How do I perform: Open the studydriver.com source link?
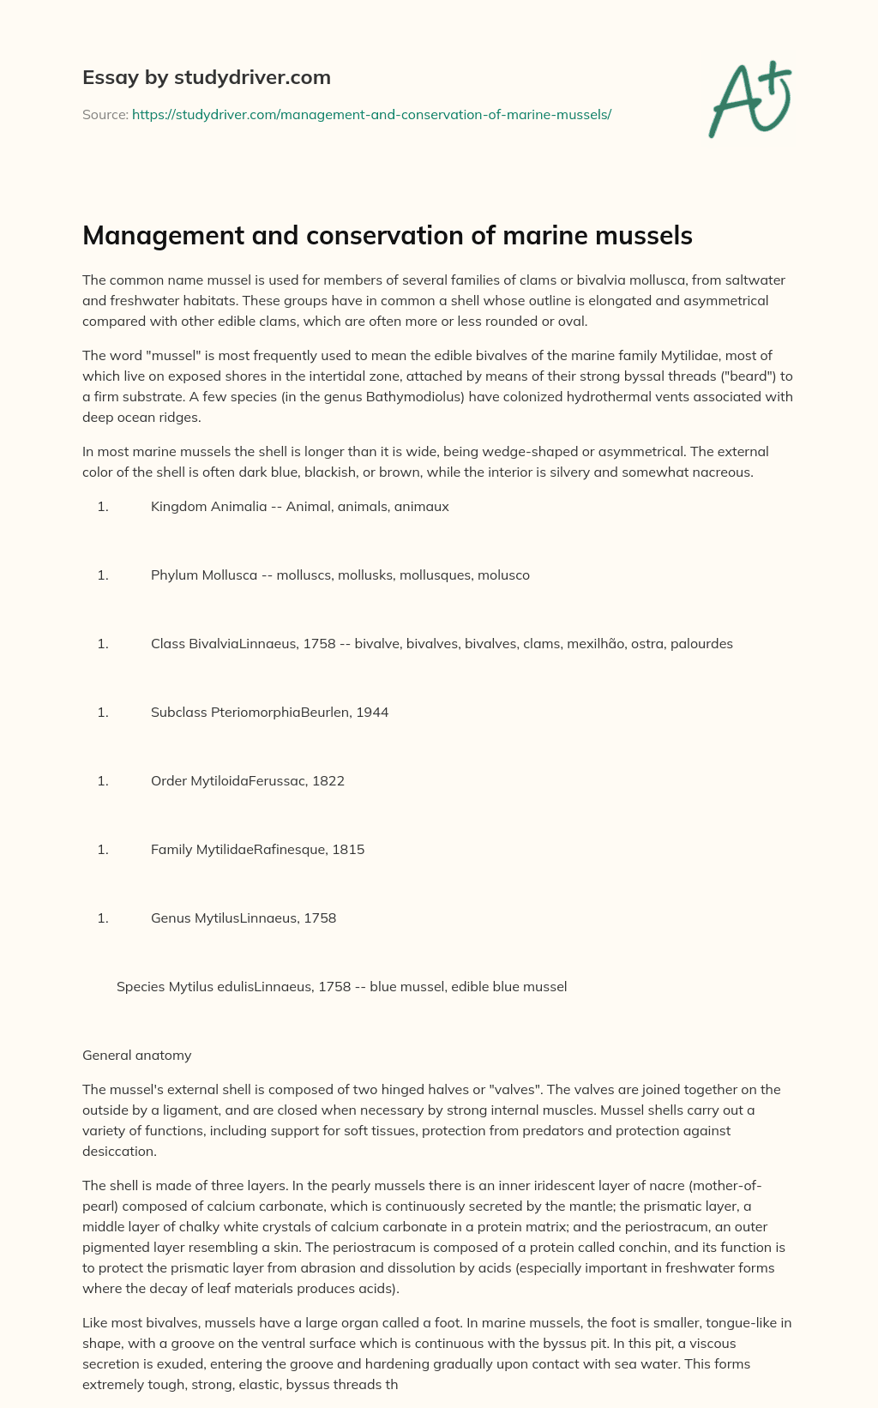point(371,114)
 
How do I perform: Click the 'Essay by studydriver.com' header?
point(206,77)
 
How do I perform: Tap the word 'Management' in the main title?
point(160,236)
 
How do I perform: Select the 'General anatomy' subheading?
point(136,1055)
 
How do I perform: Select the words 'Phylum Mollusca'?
point(204,575)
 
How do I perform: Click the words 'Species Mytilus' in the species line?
point(163,987)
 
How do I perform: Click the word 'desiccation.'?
point(119,1151)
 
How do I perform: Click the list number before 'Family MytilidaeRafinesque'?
point(103,850)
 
